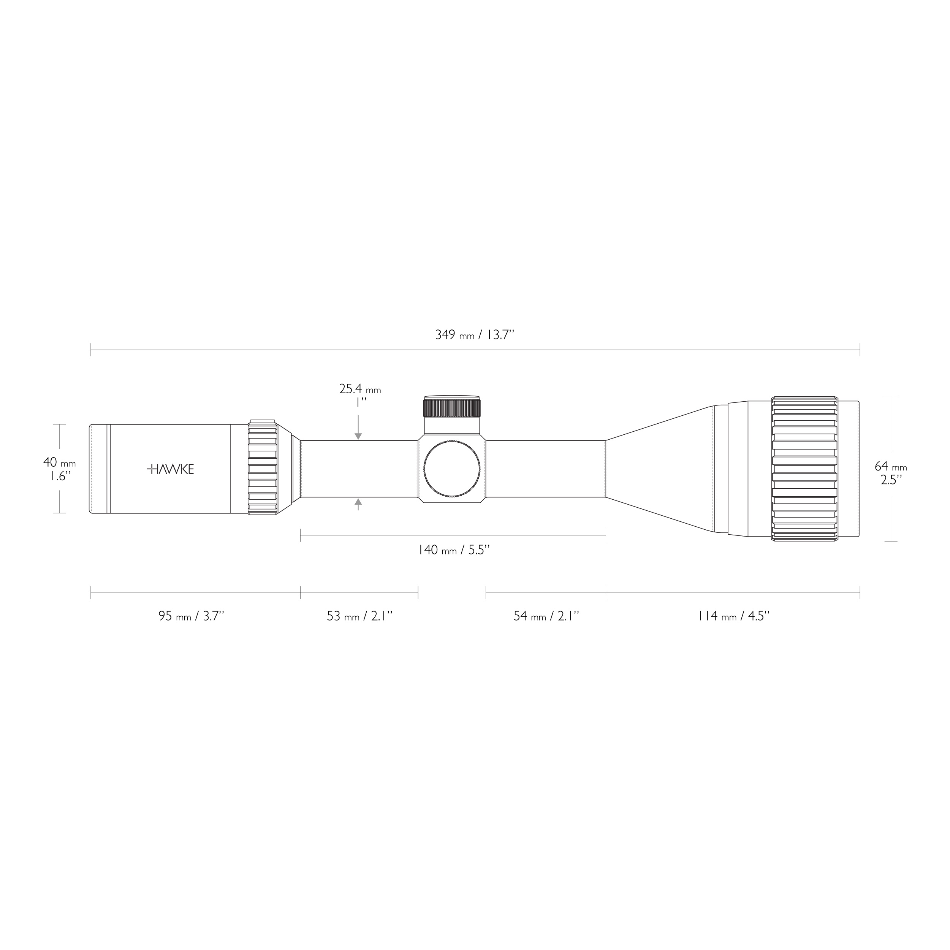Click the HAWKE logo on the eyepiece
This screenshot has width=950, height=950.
tap(170, 469)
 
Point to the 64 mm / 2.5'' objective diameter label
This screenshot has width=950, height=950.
tap(890, 473)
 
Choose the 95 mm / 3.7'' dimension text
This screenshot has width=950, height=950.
tap(191, 616)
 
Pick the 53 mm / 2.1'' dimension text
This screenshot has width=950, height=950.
tap(359, 616)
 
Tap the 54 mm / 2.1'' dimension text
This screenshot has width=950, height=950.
tap(546, 616)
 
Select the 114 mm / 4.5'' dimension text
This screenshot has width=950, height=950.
tap(733, 616)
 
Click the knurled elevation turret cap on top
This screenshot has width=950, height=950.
tap(451, 408)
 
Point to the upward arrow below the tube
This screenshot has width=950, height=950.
tap(358, 502)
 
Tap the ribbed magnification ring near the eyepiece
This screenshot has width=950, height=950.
tap(263, 467)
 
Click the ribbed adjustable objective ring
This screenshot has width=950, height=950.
tap(804, 469)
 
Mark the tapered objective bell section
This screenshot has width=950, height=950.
tap(659, 469)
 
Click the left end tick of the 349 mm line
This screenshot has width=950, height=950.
tap(91, 350)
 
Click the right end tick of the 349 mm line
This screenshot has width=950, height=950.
tap(860, 350)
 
